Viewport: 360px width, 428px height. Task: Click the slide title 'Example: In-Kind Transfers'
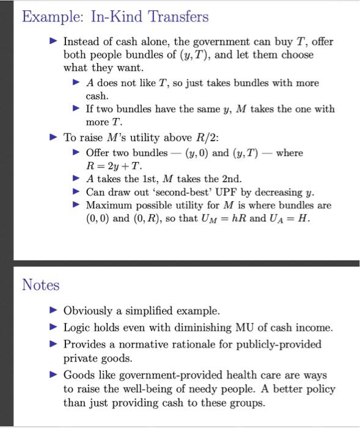click(x=115, y=17)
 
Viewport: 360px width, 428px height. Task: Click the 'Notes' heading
click(x=41, y=284)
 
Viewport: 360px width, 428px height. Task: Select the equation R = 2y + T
click(x=114, y=166)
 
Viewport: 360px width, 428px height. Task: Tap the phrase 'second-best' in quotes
click(x=176, y=192)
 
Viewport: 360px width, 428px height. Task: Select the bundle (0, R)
click(x=148, y=219)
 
